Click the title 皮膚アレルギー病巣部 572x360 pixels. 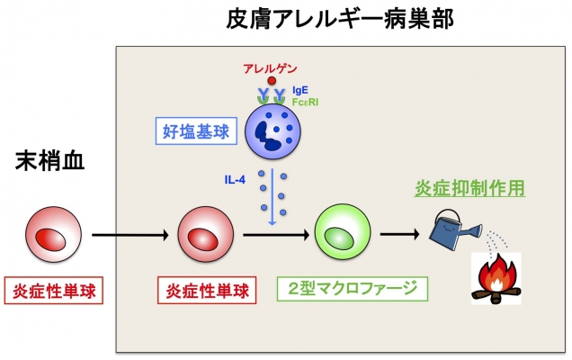pos(340,19)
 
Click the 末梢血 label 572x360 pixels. pos(50,161)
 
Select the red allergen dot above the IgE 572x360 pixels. pos(272,81)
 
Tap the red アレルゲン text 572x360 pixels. pos(270,68)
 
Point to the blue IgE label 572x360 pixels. pos(300,90)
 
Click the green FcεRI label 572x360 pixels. pos(305,103)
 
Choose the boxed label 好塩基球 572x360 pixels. pos(196,131)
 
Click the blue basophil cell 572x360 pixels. pos(273,131)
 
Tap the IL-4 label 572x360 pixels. pos(235,180)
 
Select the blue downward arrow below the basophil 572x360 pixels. pos(273,196)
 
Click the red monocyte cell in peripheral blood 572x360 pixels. pos(53,234)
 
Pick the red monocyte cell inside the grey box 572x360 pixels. pos(206,234)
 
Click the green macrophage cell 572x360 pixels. pos(343,232)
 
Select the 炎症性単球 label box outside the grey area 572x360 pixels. pos(54,291)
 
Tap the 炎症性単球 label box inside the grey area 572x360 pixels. pos(207,291)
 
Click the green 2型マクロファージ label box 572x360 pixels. pos(353,289)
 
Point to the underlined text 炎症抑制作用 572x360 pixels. pos(469,188)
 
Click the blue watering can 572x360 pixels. pos(455,230)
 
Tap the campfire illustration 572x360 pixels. pos(496,279)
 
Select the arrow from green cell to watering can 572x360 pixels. pos(400,234)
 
